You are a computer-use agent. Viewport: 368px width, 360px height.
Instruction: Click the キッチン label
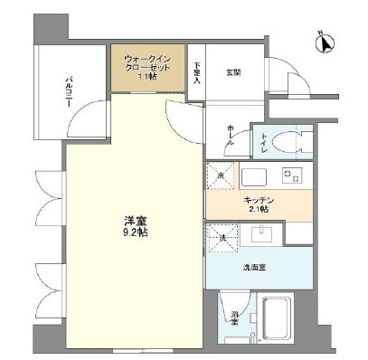click(x=258, y=199)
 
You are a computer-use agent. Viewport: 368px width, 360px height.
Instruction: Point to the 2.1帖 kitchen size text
click(x=258, y=210)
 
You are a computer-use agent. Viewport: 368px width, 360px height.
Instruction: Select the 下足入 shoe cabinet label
click(x=198, y=71)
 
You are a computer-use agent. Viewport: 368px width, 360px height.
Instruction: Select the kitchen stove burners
click(x=290, y=175)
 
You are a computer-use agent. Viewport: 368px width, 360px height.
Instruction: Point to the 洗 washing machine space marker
click(x=220, y=238)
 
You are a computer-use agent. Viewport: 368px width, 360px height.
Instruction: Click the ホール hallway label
click(x=230, y=136)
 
